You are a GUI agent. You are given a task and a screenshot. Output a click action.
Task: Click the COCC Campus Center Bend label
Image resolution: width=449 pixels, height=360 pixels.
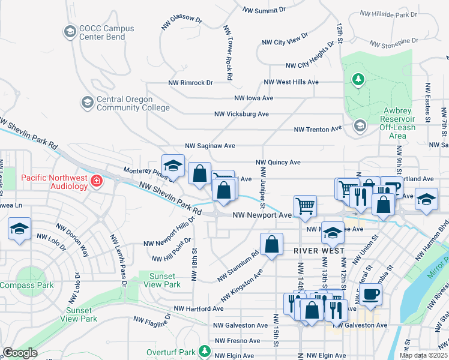point(101,32)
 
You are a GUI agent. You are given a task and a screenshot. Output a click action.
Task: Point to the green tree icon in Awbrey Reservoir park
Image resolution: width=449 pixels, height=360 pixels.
point(358,80)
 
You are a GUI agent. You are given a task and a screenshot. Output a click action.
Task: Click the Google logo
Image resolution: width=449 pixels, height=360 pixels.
point(20,353)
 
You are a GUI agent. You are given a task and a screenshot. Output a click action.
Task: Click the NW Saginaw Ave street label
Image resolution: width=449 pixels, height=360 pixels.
point(209,146)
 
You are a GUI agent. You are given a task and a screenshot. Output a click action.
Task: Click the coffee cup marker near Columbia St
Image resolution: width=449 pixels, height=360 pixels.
point(372,294)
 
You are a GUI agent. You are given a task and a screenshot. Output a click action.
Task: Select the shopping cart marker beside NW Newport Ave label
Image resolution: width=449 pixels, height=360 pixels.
point(306,206)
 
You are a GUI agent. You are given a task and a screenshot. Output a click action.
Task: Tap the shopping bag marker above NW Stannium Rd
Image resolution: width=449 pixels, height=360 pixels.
point(271,244)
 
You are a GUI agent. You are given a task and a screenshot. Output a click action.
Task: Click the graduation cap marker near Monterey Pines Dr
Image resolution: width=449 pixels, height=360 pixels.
point(172,165)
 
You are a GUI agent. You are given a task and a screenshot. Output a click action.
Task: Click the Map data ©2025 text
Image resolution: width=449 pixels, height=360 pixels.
point(423,355)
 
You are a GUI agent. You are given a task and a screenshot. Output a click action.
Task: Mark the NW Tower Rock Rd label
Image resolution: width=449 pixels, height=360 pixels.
point(229,53)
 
